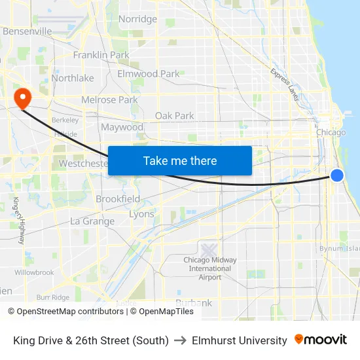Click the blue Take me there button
pos(180,160)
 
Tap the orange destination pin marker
pos(23,98)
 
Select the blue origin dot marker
pos(337,175)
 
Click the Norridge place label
pos(137,19)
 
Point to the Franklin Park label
pos(101,55)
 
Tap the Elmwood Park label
pos(148,74)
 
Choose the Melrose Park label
pos(109,100)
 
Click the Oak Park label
pos(174,116)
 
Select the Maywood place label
pos(122,127)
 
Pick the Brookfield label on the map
pos(118,199)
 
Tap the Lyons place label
pos(141,214)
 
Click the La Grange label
pos(92,221)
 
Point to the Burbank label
pos(194,303)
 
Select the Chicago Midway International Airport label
pos(210,268)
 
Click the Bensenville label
pos(27,31)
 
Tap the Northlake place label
pos(72,78)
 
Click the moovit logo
pos(321,340)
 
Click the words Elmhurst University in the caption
pos(240,340)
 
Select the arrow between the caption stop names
pos(181,340)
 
